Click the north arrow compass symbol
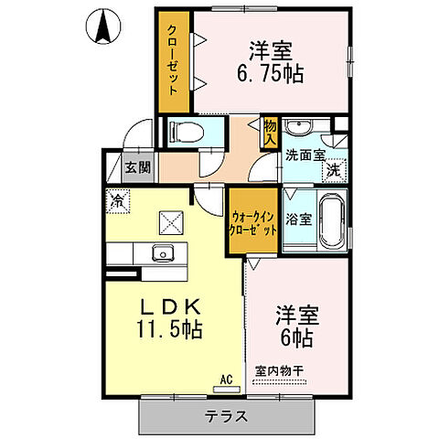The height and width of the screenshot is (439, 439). (102, 27)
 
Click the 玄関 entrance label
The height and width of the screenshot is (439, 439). (139, 166)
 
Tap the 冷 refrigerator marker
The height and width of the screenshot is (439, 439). (117, 197)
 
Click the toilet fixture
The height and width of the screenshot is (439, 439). (184, 132)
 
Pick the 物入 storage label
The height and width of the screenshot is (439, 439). (270, 132)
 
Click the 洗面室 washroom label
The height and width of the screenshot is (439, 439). (305, 155)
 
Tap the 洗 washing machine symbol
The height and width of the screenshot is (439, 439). (335, 169)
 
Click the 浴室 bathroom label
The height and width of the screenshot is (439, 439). (299, 219)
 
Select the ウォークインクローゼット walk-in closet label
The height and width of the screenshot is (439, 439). (253, 223)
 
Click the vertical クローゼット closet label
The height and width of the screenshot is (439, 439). (172, 59)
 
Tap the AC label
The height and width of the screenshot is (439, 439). (224, 378)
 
